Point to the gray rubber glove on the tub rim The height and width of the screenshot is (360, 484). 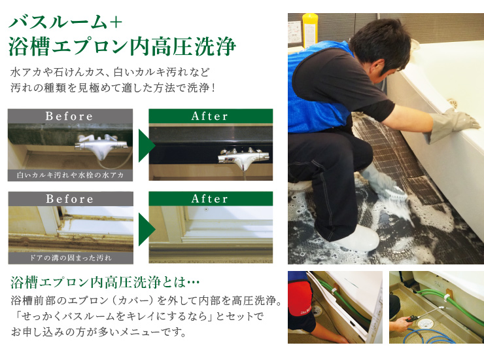click(x=451, y=126)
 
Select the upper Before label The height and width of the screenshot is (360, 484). click(x=69, y=117)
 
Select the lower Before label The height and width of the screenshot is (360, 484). click(x=70, y=199)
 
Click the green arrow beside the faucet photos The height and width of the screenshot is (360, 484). click(x=146, y=145)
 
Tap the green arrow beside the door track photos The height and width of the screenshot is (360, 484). click(x=146, y=229)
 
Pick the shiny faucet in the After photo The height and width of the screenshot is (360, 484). click(x=243, y=156)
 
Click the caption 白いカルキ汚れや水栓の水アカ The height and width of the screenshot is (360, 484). click(x=71, y=175)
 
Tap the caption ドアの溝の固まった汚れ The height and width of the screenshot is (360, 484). click(x=71, y=258)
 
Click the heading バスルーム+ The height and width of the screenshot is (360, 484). click(x=65, y=22)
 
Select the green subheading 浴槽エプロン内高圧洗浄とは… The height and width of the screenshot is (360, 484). click(x=105, y=282)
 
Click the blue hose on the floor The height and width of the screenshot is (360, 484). click(x=429, y=336)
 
